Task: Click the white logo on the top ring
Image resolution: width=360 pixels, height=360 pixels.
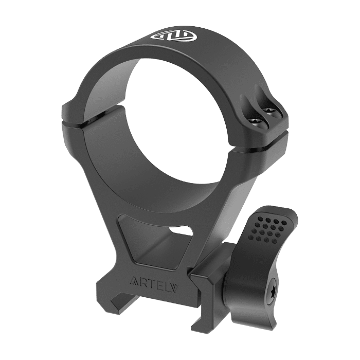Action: tap(174, 37)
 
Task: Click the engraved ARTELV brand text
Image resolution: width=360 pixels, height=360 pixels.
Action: tap(154, 281)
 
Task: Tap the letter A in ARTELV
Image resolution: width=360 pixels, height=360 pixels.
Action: tap(135, 281)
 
